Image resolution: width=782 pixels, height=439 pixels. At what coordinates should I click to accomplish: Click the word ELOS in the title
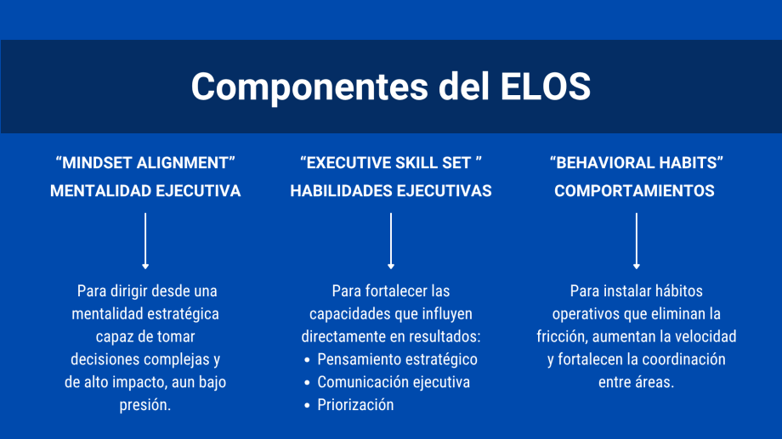pyautogui.click(x=545, y=87)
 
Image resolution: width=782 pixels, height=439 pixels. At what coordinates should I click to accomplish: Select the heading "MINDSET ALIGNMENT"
pyautogui.click(x=145, y=163)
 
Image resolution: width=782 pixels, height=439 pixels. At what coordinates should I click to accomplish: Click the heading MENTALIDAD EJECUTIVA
pyautogui.click(x=145, y=191)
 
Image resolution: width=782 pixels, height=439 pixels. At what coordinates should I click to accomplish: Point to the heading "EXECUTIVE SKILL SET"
pyautogui.click(x=391, y=163)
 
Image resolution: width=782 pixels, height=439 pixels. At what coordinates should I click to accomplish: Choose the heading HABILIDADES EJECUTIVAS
pyautogui.click(x=391, y=191)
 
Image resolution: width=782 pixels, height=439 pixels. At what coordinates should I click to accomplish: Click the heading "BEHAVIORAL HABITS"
pyautogui.click(x=637, y=163)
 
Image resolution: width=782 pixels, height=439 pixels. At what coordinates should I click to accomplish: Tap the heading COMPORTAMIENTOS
pyautogui.click(x=634, y=191)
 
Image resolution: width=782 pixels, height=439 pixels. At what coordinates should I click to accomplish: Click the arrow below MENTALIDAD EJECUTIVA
pyautogui.click(x=145, y=241)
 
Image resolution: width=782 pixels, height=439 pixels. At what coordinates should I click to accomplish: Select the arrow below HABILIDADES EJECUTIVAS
pyautogui.click(x=391, y=241)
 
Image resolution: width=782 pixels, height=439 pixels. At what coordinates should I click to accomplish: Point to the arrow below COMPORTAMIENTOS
pyautogui.click(x=637, y=241)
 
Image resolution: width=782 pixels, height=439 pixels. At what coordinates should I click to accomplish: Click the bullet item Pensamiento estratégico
pyautogui.click(x=398, y=360)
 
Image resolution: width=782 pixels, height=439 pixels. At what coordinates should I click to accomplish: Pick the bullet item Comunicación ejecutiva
pyautogui.click(x=394, y=382)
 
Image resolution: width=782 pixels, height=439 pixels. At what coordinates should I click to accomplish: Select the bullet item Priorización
pyautogui.click(x=355, y=405)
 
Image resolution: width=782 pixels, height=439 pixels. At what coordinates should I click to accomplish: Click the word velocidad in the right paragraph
pyautogui.click(x=705, y=337)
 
